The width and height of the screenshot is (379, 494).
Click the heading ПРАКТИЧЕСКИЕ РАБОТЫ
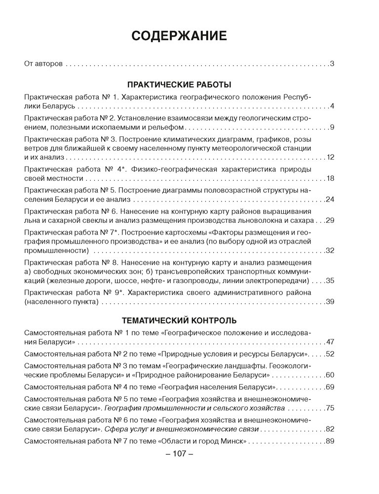tap(179, 83)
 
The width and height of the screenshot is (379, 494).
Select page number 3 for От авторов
tap(333, 64)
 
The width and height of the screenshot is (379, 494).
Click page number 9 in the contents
tap(333, 127)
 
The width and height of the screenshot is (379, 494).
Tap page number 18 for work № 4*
tap(331, 178)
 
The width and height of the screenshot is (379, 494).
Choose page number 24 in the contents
tap(331, 200)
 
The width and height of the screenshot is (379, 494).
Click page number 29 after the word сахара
tap(331, 220)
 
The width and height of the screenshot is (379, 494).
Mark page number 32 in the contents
tap(331, 250)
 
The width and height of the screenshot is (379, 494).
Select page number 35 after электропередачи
tap(331, 281)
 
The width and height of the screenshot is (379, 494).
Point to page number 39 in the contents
tap(331, 302)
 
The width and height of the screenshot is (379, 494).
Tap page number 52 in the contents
tap(331, 354)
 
